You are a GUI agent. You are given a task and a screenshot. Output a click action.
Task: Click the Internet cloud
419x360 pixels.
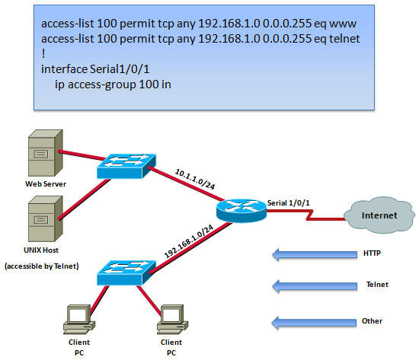(379, 215)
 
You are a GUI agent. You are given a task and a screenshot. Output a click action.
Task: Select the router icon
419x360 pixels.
(241, 211)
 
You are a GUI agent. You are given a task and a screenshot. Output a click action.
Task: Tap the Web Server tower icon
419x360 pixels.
(46, 153)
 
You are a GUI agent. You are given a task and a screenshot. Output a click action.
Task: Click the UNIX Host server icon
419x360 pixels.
(46, 218)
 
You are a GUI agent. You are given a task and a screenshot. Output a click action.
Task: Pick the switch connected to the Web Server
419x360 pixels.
(126, 166)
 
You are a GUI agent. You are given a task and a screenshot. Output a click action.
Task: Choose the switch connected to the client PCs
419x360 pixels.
(126, 272)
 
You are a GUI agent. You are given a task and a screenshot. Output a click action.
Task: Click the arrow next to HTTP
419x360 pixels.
(315, 254)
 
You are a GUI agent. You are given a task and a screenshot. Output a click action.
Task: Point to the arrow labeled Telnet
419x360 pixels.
(315, 286)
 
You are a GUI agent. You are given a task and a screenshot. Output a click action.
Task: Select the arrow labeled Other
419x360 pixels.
(314, 323)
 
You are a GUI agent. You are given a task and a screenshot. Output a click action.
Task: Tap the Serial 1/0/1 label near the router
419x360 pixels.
(288, 203)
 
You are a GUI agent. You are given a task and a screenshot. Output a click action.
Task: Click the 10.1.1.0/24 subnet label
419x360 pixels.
(195, 179)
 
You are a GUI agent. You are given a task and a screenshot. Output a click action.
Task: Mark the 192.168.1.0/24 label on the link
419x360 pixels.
(189, 241)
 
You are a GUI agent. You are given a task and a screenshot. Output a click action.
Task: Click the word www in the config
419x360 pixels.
(343, 24)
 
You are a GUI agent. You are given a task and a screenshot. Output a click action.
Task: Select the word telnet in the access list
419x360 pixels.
(344, 39)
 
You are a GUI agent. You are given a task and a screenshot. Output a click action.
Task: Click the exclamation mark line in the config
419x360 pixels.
(43, 54)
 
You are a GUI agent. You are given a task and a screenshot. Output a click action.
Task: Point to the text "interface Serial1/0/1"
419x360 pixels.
(95, 69)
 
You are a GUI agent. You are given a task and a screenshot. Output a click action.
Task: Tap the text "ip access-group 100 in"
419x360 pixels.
(113, 84)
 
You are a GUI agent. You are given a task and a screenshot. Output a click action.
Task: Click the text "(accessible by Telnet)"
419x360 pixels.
(42, 266)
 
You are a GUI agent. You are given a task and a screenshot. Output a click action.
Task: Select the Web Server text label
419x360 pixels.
(46, 183)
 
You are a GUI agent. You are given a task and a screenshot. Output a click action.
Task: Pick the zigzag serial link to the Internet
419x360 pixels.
(307, 215)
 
